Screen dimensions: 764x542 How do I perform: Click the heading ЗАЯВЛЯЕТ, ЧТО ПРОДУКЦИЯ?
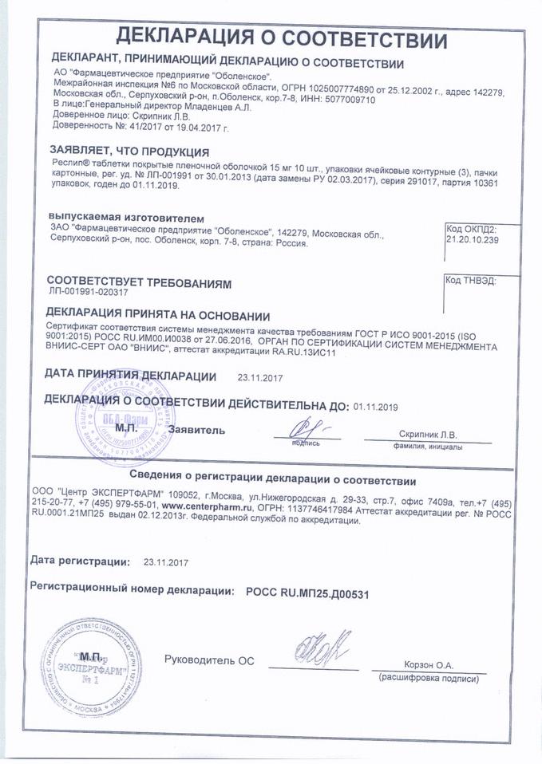[x=129, y=152]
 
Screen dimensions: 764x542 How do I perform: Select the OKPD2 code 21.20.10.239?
[x=471, y=239]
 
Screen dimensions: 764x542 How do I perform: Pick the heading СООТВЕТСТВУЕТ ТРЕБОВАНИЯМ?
[x=138, y=282]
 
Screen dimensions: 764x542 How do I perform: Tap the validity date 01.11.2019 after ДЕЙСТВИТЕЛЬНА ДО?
[x=375, y=406]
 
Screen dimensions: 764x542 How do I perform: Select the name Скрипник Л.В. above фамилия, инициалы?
[x=428, y=435]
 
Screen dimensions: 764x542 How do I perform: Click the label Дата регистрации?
[x=80, y=561]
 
